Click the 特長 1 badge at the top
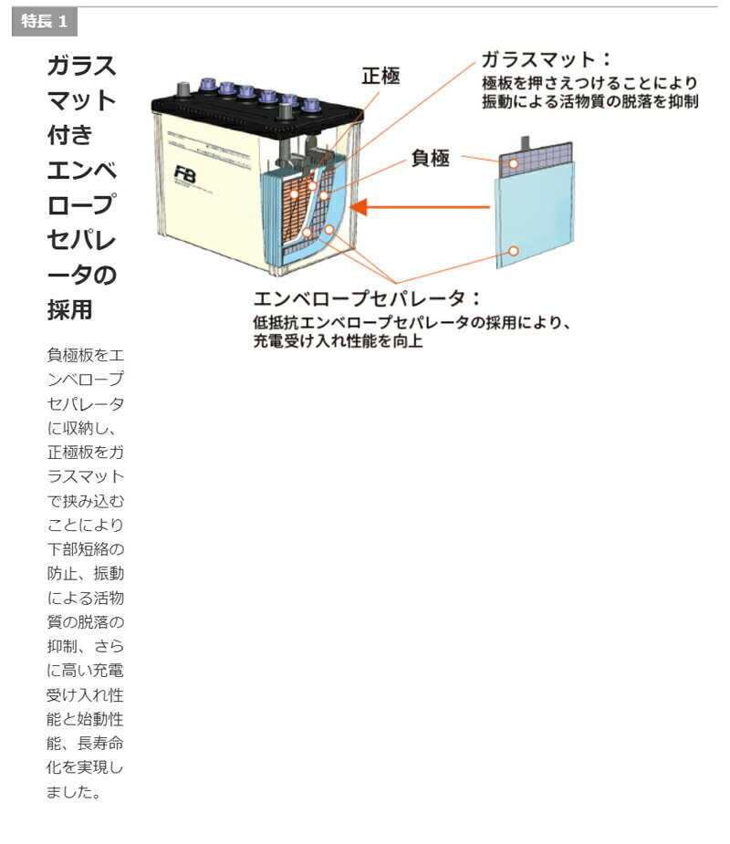tap(44, 22)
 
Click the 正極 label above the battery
tap(381, 76)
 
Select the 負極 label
tap(430, 158)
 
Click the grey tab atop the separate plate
tap(527, 142)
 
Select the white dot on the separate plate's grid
tap(514, 164)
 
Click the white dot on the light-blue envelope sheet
tap(514, 250)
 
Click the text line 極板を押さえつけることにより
tap(589, 83)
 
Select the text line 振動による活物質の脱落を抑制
tap(589, 101)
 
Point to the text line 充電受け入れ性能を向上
tap(338, 341)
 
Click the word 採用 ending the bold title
tap(70, 309)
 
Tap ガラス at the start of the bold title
tap(82, 66)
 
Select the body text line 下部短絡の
tap(85, 550)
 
